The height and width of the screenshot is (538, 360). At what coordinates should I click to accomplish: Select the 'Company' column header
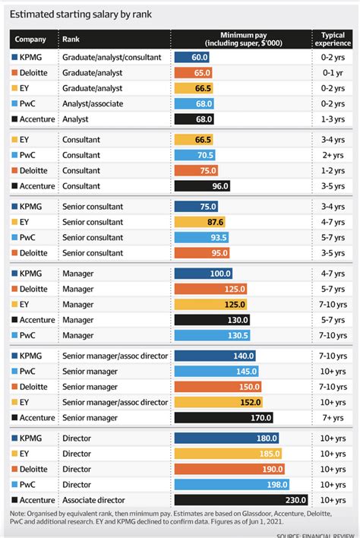coord(30,40)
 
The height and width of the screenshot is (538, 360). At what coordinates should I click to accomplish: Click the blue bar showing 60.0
coord(193,57)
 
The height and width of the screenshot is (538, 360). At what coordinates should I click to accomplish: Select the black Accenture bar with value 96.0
coord(202,185)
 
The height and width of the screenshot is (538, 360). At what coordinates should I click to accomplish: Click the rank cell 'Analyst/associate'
coord(93,103)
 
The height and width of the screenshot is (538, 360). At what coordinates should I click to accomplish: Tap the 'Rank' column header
coord(71,40)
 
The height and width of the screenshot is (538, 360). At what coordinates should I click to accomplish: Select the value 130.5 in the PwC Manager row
coord(237,335)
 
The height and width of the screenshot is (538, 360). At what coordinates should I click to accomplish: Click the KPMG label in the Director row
coord(30,438)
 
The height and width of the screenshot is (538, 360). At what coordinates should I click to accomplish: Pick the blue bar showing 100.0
coord(204,274)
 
